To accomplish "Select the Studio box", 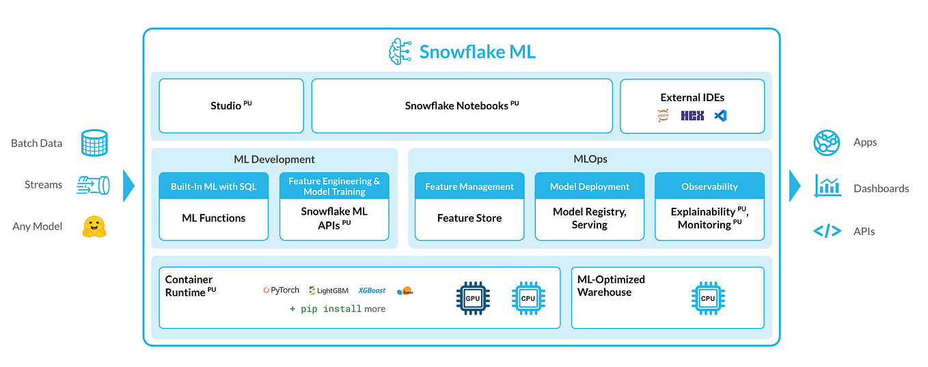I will coord(231,106).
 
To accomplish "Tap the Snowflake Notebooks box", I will coord(462,106).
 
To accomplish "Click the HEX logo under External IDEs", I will coord(692,116).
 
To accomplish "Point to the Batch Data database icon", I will coord(94,144).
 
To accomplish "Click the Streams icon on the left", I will coord(94,185).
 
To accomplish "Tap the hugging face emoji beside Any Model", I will coord(94,227).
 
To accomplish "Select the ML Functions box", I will coord(213,219).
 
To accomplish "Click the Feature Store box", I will coord(469,219).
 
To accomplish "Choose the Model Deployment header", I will coord(589,187).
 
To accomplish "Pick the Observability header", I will coord(709,187).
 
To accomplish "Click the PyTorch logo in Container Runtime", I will coord(281,290).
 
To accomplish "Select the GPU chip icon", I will coord(473,298).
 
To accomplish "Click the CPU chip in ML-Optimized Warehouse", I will coord(708,298).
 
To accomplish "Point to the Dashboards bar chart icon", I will coord(827,186).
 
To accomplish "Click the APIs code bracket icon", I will coord(827,231).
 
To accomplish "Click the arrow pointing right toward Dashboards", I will coord(794,186).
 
